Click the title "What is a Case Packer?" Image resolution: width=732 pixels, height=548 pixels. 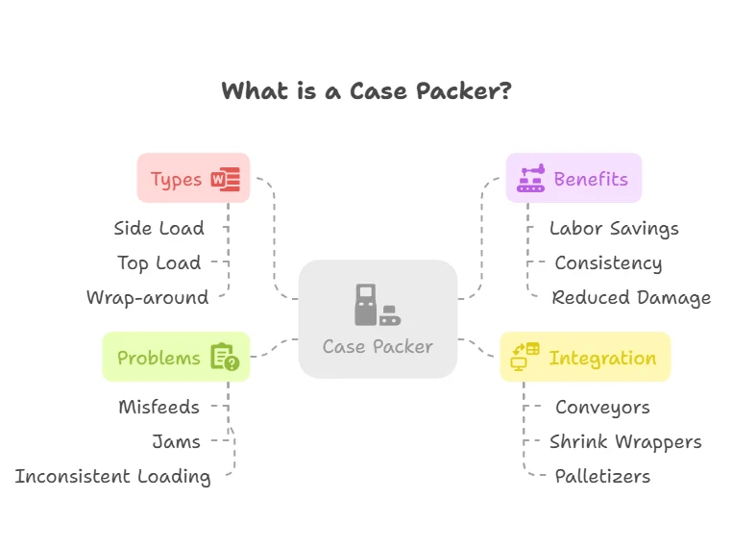pyautogui.click(x=366, y=91)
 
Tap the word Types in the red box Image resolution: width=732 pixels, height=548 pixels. pyautogui.click(x=176, y=180)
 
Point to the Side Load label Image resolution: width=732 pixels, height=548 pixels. pyautogui.click(x=159, y=228)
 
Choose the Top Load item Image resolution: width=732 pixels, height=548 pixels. pyautogui.click(x=159, y=262)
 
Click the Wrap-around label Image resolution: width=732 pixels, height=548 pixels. pyautogui.click(x=147, y=297)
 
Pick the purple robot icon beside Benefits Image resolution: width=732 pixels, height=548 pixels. pyautogui.click(x=530, y=179)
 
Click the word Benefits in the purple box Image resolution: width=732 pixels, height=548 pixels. pyautogui.click(x=591, y=179)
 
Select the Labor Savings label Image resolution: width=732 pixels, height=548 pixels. pyautogui.click(x=614, y=228)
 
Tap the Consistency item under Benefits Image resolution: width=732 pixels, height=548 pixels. pyautogui.click(x=608, y=262)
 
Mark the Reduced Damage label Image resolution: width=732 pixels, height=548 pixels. pyautogui.click(x=631, y=297)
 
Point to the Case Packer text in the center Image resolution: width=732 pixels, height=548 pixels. pyautogui.click(x=378, y=346)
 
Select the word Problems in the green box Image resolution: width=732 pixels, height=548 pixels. pyautogui.click(x=159, y=358)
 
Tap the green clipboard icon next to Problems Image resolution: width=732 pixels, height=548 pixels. pyautogui.click(x=225, y=358)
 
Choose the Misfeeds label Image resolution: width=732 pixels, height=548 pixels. pyautogui.click(x=159, y=407)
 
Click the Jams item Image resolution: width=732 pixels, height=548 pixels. pyautogui.click(x=176, y=441)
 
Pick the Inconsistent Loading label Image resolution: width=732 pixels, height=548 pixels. pyautogui.click(x=112, y=476)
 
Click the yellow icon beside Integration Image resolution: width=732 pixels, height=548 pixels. pyautogui.click(x=525, y=357)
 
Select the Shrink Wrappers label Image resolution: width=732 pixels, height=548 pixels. pyautogui.click(x=625, y=441)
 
